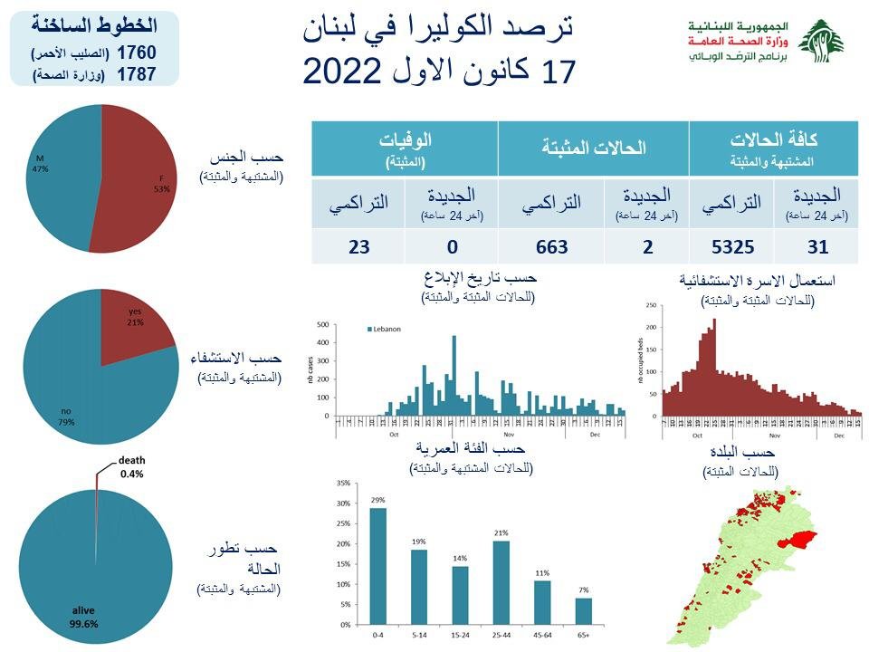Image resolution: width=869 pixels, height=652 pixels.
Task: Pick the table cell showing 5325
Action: pyautogui.click(x=731, y=246)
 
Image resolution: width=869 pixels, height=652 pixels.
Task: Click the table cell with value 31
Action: pyautogui.click(x=816, y=246)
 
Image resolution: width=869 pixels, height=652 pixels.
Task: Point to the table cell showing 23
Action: pyautogui.click(x=358, y=246)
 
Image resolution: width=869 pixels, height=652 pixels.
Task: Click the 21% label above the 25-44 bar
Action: pyautogui.click(x=500, y=532)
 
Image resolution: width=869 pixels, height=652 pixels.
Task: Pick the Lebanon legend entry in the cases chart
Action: pyautogui.click(x=384, y=329)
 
